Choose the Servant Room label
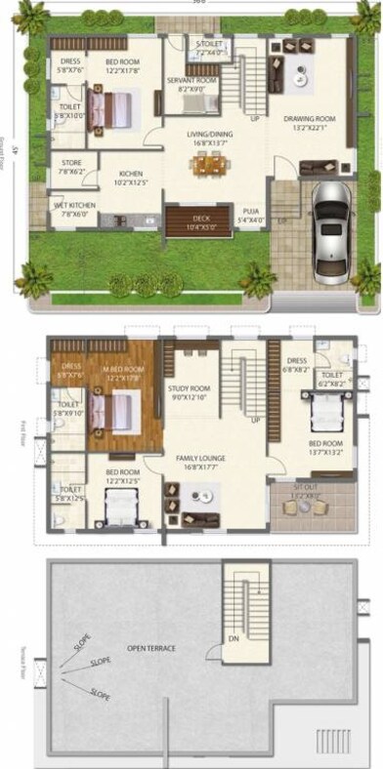(184, 82)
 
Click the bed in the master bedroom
(116, 410)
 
